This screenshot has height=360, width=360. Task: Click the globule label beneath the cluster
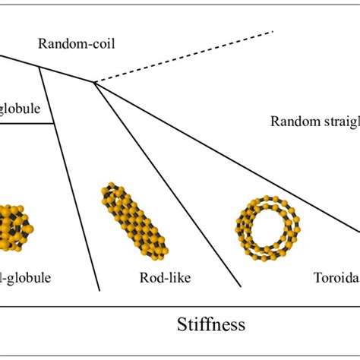click(26, 277)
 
